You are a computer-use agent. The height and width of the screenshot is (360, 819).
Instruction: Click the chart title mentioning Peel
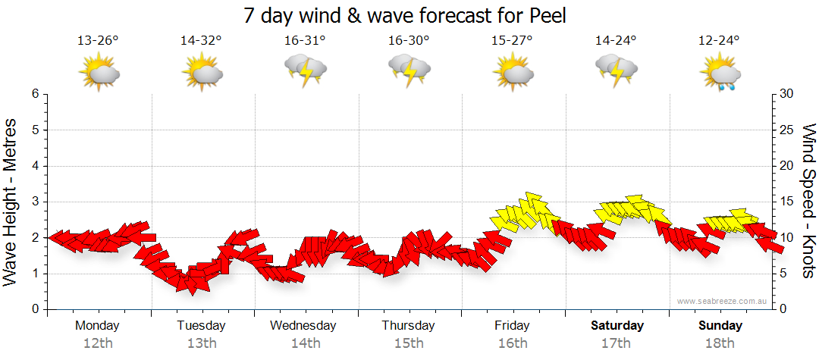point(406,15)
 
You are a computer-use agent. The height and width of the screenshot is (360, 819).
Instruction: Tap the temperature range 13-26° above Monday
point(98,41)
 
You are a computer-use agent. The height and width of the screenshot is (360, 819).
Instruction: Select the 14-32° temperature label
point(201,41)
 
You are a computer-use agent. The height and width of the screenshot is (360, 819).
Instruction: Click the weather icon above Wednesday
point(305,71)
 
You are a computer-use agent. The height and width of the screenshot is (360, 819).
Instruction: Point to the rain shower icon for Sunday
point(720,74)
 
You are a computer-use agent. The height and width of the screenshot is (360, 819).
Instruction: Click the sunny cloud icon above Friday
point(513,73)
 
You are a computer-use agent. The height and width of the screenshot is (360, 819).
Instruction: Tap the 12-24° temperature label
point(719,41)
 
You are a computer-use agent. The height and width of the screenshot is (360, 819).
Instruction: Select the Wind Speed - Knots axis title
point(808,201)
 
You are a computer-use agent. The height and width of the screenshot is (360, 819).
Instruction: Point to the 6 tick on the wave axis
point(35,94)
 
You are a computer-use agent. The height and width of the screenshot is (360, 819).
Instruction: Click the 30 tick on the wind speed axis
point(787,94)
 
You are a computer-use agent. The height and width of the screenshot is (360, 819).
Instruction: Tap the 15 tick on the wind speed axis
point(786,202)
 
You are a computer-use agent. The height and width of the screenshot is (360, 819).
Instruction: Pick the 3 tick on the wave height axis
point(35,202)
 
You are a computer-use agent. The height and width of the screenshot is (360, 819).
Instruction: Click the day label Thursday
point(408,326)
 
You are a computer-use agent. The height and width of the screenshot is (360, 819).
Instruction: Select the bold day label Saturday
point(617,326)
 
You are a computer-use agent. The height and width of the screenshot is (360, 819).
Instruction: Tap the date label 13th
point(201,343)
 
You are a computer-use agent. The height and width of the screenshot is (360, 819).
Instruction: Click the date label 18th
point(720,343)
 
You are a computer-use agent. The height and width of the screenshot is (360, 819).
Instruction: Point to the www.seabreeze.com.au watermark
point(723,301)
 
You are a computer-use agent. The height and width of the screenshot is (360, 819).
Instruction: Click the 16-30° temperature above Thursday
point(408,41)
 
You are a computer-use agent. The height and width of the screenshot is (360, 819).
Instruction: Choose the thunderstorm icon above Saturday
point(617,71)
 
